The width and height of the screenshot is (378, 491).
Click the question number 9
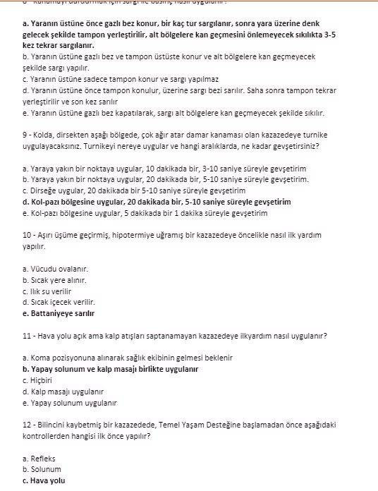click(x=25, y=135)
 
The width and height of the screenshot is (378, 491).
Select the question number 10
click(x=28, y=235)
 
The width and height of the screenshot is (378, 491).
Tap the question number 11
click(x=28, y=335)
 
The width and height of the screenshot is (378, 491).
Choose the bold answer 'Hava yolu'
click(x=44, y=480)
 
